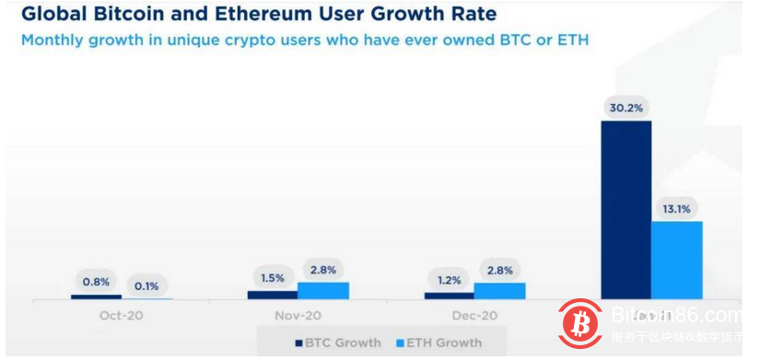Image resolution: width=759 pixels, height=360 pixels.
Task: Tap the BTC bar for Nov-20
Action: coord(272,295)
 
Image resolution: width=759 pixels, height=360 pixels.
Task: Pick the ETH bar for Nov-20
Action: coord(323,290)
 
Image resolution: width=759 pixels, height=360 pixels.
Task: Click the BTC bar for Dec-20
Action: coord(449,296)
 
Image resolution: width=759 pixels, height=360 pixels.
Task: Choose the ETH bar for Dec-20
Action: coord(499,290)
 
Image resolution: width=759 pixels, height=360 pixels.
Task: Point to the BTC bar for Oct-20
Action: coord(96,296)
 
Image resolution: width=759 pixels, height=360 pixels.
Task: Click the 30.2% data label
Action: coord(625,106)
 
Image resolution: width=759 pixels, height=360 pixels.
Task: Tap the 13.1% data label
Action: coord(677,207)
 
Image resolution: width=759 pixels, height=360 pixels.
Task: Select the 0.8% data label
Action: coord(96,281)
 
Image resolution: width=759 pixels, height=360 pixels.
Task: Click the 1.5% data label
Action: coord(272,277)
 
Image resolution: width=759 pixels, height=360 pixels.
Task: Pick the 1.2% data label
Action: coord(449,279)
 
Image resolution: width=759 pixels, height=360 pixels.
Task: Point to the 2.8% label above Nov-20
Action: coord(323,269)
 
